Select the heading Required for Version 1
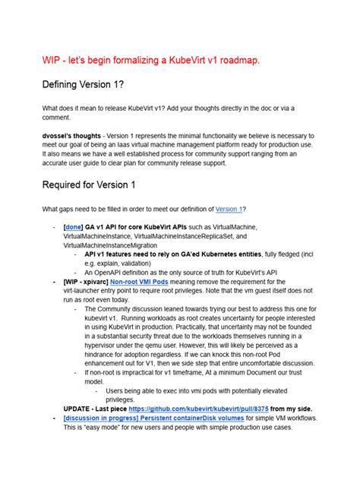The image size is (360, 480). coord(90,185)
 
